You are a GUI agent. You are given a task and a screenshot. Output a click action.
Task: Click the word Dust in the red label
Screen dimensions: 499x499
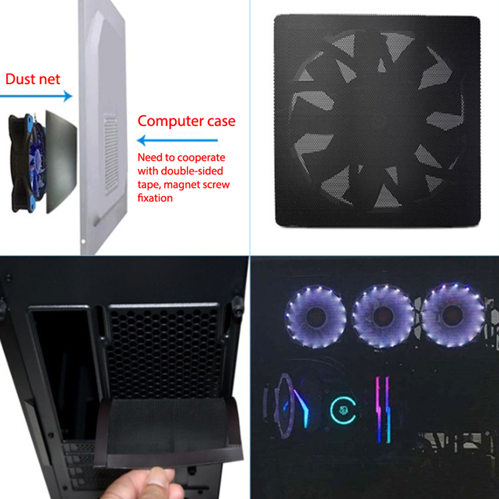click(20, 79)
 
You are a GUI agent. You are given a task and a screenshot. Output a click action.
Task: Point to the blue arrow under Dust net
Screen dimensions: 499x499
click(36, 96)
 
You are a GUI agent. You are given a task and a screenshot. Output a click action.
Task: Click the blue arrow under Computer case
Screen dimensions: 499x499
click(177, 140)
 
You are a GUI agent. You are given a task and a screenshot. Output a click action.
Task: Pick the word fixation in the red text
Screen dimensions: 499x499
click(155, 198)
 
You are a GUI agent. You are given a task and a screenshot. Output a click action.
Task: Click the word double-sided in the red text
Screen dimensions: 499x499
click(192, 171)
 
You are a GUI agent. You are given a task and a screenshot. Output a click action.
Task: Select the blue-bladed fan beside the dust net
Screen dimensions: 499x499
click(28, 163)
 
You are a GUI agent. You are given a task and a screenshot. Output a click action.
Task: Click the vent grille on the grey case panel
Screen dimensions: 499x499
click(111, 153)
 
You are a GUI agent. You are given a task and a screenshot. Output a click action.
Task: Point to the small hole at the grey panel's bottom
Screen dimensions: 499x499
click(83, 242)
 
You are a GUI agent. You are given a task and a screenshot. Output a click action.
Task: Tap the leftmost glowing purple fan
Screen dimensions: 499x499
click(315, 316)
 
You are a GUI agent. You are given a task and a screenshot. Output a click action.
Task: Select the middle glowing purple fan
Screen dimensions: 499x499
click(383, 316)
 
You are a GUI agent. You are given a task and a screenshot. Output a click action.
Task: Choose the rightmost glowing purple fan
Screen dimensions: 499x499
click(452, 315)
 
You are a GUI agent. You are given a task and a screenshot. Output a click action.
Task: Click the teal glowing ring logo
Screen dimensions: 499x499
click(343, 410)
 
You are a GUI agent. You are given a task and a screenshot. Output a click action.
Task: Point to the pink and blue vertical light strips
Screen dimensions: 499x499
click(383, 410)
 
